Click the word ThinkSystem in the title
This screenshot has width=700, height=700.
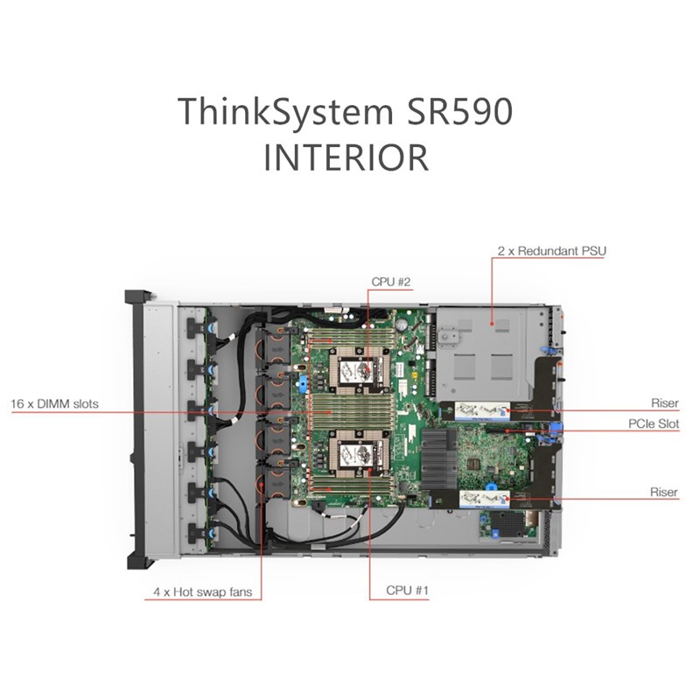(x=285, y=112)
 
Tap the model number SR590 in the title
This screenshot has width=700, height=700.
(x=459, y=111)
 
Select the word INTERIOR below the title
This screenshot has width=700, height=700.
(x=346, y=157)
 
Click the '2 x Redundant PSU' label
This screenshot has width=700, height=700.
(x=552, y=251)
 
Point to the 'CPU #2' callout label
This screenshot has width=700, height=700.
(x=390, y=282)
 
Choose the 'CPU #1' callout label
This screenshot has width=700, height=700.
(x=407, y=590)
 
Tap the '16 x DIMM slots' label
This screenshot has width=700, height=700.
(x=54, y=404)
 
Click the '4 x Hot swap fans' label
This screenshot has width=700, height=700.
(x=203, y=592)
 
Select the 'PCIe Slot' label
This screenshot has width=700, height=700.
(x=654, y=423)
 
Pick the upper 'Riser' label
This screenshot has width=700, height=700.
(x=665, y=403)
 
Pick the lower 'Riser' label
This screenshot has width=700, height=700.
(x=664, y=492)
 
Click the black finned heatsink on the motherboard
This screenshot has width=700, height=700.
(x=439, y=458)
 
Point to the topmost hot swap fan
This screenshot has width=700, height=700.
(x=274, y=346)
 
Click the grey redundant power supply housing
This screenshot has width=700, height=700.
(x=482, y=353)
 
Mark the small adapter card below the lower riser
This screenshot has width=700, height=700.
(x=508, y=526)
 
